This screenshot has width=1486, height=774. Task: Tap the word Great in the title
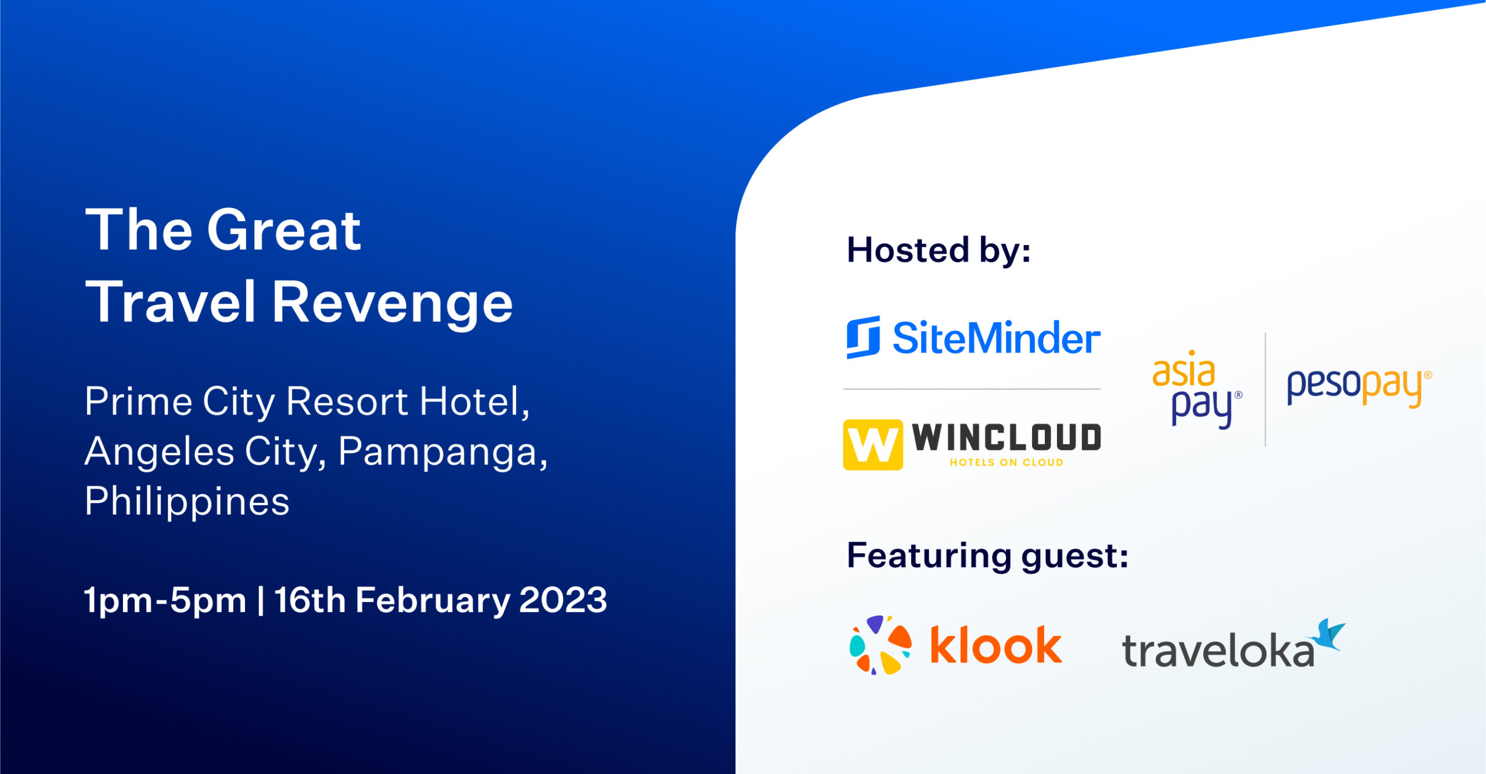click(x=284, y=231)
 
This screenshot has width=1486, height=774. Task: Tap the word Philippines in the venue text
click(x=187, y=502)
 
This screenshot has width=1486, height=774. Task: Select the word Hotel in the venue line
click(x=474, y=401)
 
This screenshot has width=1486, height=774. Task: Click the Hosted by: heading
click(x=939, y=251)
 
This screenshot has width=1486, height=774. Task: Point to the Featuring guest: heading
click(x=987, y=557)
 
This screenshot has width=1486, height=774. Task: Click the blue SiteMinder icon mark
click(x=863, y=337)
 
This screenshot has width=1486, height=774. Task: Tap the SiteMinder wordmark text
click(x=996, y=338)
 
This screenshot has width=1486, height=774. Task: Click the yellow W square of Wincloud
click(x=873, y=445)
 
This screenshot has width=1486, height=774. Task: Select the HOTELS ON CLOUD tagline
click(x=1007, y=463)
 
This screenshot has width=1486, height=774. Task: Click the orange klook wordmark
click(x=996, y=645)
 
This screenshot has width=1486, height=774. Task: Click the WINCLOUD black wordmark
click(x=1007, y=437)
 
